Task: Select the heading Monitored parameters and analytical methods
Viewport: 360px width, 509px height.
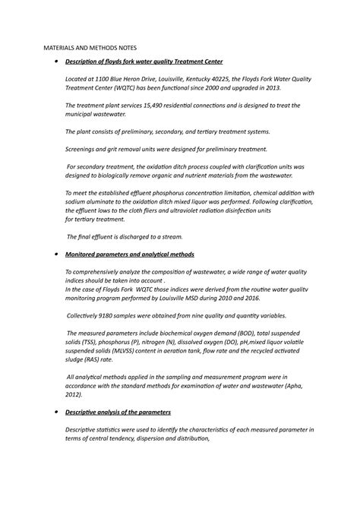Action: pyautogui.click(x=130, y=254)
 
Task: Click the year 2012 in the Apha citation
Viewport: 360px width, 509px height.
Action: pyautogui.click(x=74, y=394)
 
